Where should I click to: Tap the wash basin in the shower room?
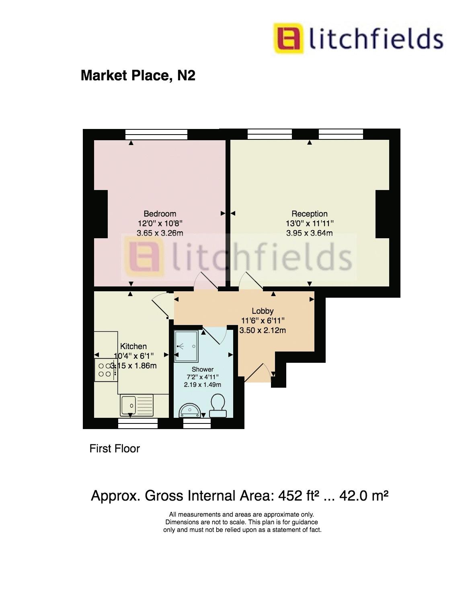[x=189, y=410]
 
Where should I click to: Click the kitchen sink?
[x=137, y=405]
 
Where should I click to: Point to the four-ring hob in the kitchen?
[x=105, y=370]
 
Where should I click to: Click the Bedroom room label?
[x=160, y=214]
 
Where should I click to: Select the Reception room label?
[x=310, y=214]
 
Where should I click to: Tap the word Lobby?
[x=263, y=311]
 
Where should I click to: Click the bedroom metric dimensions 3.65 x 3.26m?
[x=160, y=233]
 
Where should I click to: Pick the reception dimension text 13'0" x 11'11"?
[x=310, y=223]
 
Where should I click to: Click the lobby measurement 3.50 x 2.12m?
[x=263, y=330]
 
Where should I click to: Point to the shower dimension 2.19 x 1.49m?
[x=203, y=384]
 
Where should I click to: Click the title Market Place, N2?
[x=138, y=75]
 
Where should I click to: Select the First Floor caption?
[x=115, y=448]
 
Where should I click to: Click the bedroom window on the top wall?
[x=156, y=134]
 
